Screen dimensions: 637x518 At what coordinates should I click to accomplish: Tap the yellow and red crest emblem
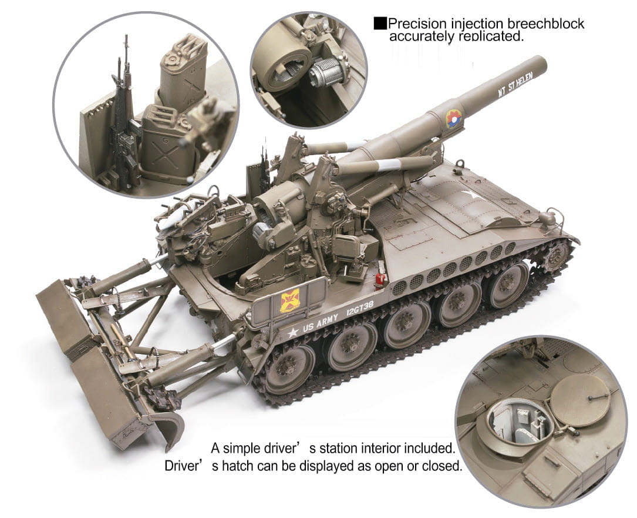[290, 300]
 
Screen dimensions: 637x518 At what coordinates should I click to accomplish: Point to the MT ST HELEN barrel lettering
[515, 85]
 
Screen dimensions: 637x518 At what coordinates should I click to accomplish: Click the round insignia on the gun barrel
[454, 118]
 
